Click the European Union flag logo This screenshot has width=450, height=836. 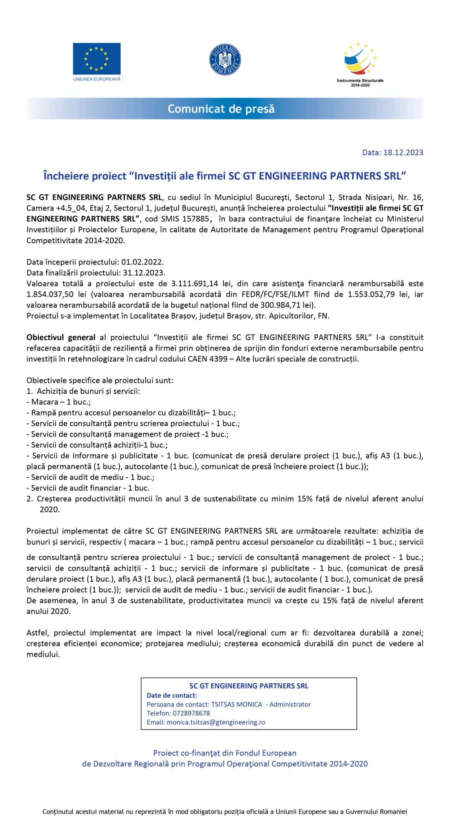pos(96,58)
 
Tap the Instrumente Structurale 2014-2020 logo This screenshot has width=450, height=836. pos(360,61)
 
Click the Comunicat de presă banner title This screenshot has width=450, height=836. pos(221,109)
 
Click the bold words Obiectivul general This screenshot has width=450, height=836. pos(61,337)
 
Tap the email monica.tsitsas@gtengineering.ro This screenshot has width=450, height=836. pos(216,722)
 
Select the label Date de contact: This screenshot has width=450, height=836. pos(172,696)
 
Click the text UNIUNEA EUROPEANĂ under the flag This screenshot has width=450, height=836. pos(97,78)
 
